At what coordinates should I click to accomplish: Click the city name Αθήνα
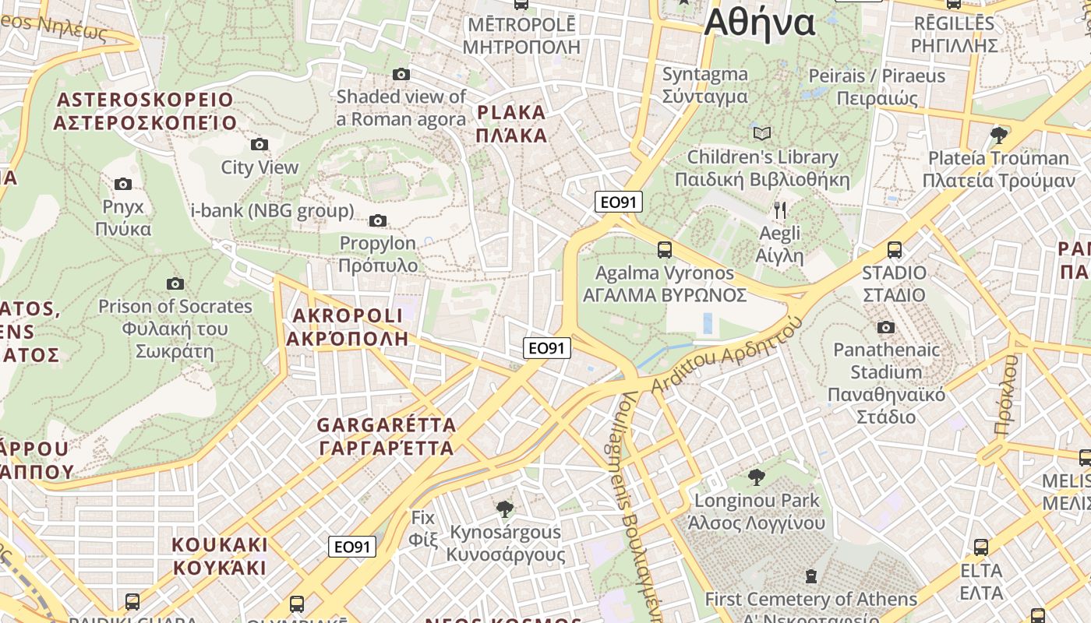759,23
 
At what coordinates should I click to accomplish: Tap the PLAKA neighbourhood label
512,123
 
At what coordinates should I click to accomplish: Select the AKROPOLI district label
347,326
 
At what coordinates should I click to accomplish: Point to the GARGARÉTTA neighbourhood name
386,436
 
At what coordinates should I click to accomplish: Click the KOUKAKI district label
220,555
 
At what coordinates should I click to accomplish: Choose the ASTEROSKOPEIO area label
145,111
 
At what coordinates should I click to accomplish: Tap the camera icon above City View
260,144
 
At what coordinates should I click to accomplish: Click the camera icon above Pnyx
123,185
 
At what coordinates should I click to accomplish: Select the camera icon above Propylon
378,221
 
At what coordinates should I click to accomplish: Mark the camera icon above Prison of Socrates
175,283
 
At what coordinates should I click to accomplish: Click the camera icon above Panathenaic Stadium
886,327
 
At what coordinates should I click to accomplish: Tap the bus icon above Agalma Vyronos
665,250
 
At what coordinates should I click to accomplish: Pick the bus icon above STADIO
895,250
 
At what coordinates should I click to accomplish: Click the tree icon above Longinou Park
756,477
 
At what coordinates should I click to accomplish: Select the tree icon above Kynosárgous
505,509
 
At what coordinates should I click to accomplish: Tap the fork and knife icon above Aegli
780,210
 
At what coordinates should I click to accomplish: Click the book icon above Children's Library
762,134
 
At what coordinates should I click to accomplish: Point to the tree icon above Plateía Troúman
999,136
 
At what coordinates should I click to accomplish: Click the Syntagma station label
704,85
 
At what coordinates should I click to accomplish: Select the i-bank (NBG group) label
272,210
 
